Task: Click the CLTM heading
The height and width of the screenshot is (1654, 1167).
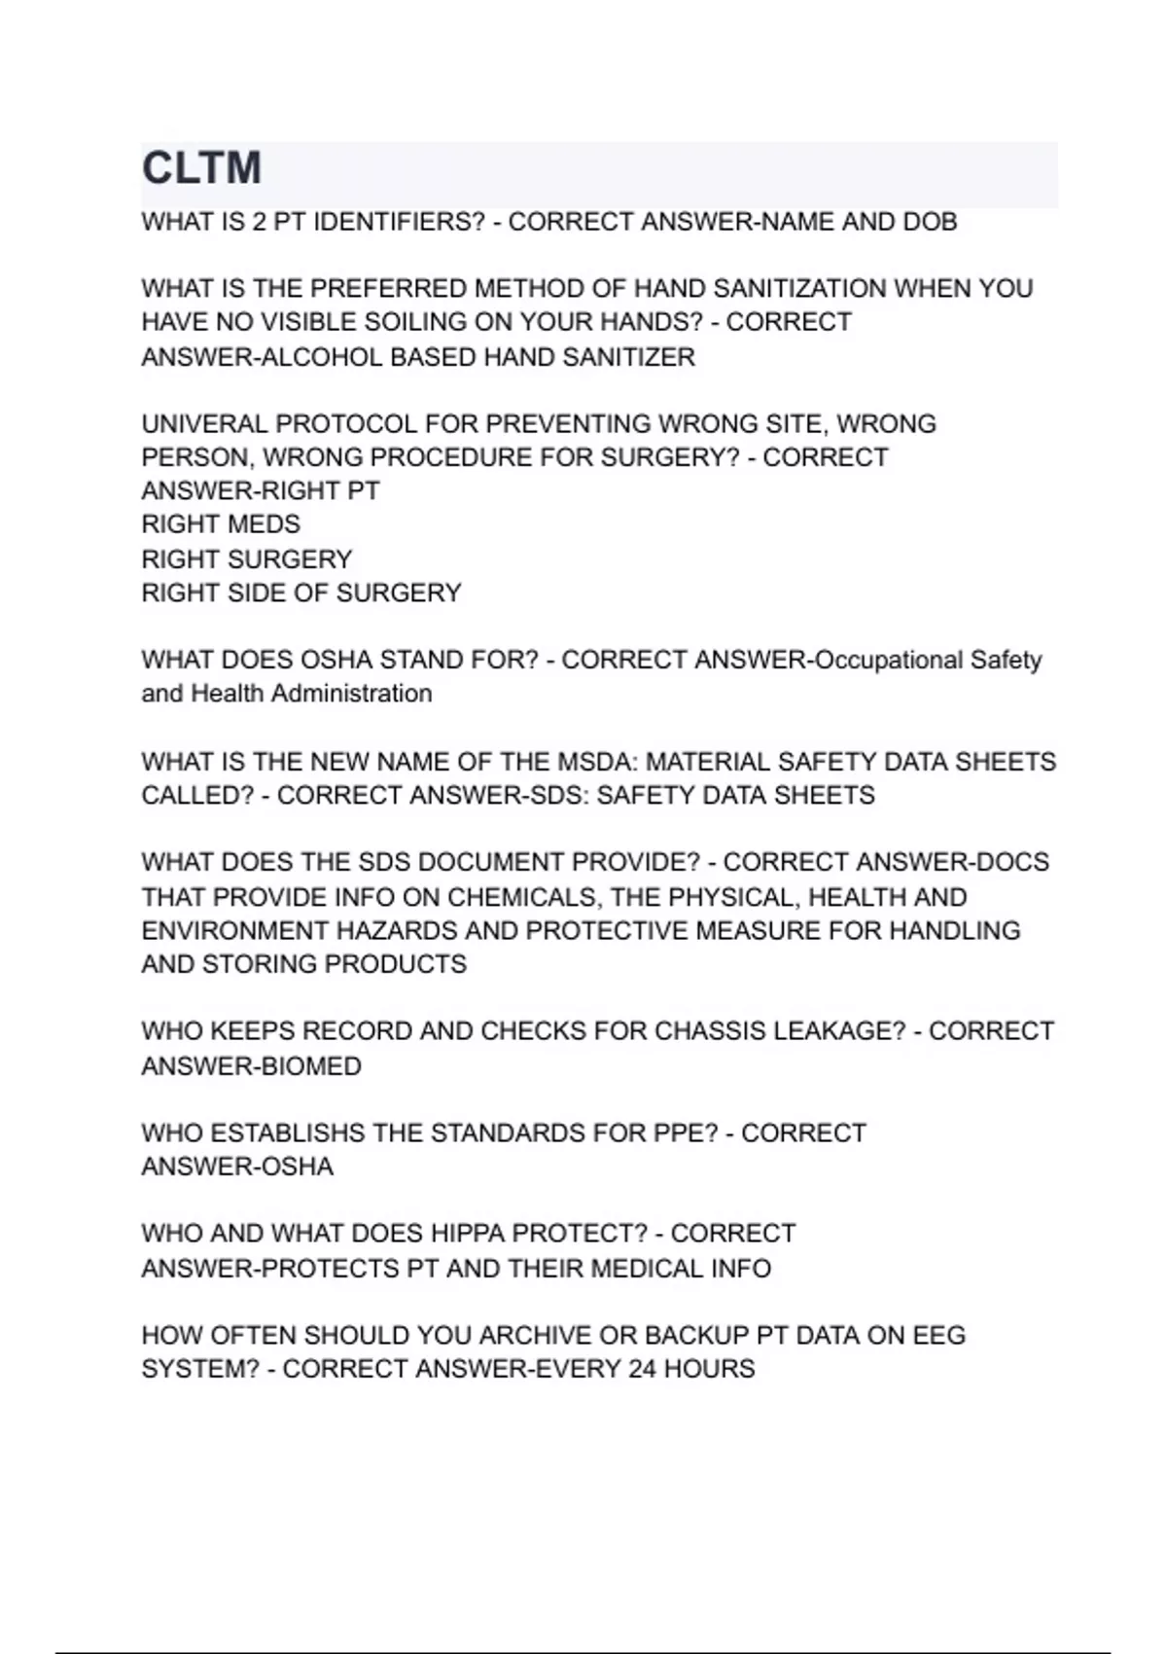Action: (201, 168)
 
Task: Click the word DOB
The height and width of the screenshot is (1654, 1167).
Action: (930, 222)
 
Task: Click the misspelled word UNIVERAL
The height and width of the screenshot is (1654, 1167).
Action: (204, 424)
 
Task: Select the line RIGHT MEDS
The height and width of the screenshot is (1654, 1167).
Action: (221, 524)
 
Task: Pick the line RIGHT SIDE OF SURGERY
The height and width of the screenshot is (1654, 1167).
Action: (301, 593)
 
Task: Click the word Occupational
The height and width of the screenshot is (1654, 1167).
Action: (888, 660)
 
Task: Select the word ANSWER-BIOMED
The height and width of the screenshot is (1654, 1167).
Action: (251, 1066)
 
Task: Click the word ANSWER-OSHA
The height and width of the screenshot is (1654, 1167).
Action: (237, 1167)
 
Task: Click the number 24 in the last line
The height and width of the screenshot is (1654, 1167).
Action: (642, 1369)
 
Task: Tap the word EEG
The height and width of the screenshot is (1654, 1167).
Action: (938, 1335)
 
